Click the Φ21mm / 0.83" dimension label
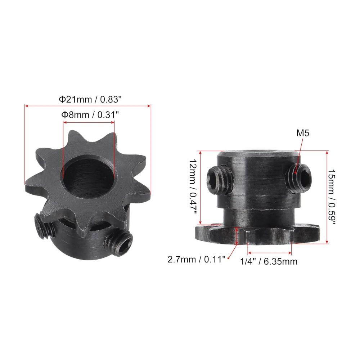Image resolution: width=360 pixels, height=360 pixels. tap(90, 99)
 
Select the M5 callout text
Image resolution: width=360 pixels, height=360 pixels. tap(303, 133)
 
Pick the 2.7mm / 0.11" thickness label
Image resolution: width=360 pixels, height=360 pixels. tap(196, 260)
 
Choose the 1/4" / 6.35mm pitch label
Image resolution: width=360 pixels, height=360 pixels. tap(269, 261)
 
